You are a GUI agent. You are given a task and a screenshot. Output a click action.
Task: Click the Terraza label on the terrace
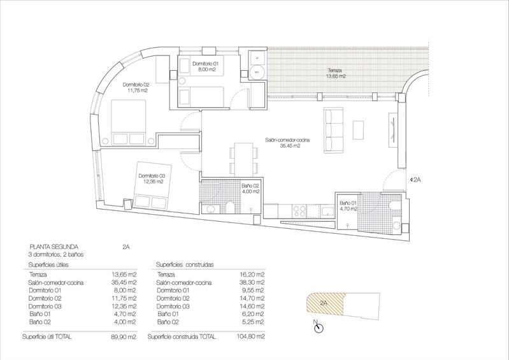(334, 70)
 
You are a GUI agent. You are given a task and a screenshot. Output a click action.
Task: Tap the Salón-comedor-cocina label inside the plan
(287, 140)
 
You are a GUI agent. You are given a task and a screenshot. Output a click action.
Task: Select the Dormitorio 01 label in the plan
(206, 64)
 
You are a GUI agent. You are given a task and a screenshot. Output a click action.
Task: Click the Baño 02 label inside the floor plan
(250, 186)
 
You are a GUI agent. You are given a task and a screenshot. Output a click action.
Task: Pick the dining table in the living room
(244, 159)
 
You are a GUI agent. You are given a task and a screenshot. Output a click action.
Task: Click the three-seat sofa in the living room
(333, 131)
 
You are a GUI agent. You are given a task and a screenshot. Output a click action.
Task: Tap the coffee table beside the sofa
(359, 130)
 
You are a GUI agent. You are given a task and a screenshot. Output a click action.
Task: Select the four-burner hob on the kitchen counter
(299, 211)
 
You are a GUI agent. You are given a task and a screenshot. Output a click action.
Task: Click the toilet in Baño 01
(396, 206)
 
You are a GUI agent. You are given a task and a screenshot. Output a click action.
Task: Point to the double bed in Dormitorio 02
(129, 122)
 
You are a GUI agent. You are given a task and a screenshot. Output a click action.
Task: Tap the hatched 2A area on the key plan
(326, 303)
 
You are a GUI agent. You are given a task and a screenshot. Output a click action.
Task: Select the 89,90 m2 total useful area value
(124, 337)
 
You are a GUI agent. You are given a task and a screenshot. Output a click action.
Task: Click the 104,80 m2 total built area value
(251, 336)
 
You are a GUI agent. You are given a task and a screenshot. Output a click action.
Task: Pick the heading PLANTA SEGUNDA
(54, 247)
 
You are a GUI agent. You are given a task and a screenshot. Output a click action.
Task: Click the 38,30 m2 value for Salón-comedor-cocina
(252, 282)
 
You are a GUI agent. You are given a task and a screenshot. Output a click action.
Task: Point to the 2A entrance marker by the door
(415, 179)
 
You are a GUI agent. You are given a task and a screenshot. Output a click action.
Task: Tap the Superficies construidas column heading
(185, 265)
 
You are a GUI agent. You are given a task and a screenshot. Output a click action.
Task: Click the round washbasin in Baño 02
(210, 210)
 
